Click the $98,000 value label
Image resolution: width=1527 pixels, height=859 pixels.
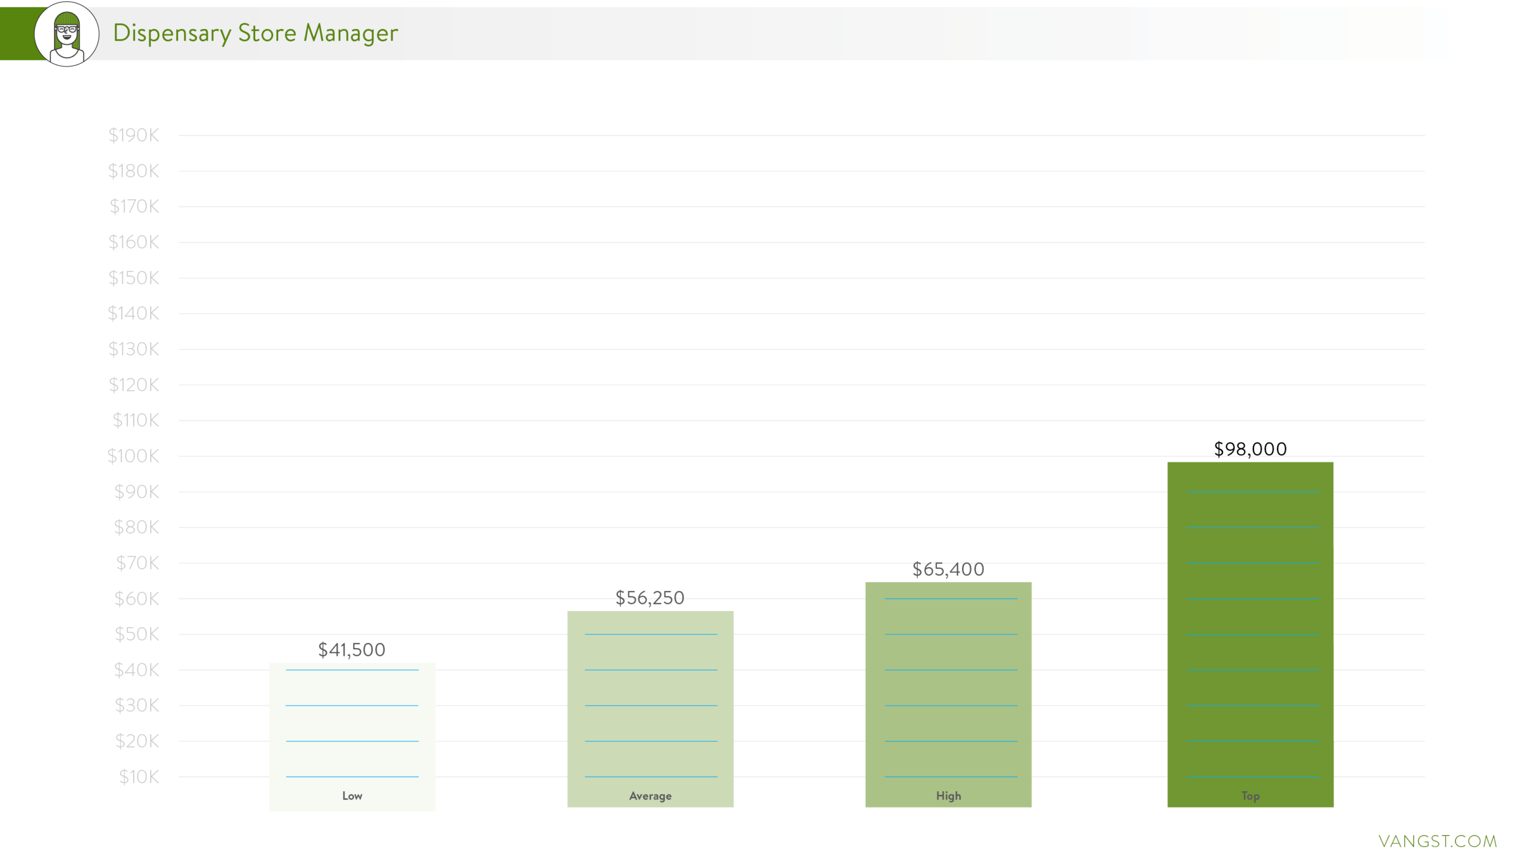(1250, 449)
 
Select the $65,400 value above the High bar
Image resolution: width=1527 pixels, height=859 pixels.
(948, 569)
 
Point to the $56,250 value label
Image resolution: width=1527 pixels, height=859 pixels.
(650, 598)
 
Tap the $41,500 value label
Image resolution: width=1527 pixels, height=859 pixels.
(352, 650)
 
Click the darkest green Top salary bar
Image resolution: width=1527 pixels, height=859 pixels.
(1250, 634)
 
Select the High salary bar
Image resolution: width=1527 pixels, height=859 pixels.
(948, 694)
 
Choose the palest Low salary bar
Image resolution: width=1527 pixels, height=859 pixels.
(352, 735)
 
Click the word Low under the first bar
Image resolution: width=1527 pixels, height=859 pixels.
(352, 796)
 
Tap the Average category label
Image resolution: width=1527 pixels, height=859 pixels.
(650, 796)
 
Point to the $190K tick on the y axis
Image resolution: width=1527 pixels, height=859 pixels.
(133, 135)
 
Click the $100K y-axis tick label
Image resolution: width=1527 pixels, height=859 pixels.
(133, 456)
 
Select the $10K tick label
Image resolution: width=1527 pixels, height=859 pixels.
(139, 776)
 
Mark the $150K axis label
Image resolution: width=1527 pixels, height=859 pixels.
(133, 278)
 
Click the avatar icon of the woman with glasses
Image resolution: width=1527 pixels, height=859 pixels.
(66, 34)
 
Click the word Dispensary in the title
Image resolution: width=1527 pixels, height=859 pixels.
(172, 33)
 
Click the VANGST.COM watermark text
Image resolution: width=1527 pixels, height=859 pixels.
(1437, 841)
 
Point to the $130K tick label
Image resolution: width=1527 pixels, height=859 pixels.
(133, 348)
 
